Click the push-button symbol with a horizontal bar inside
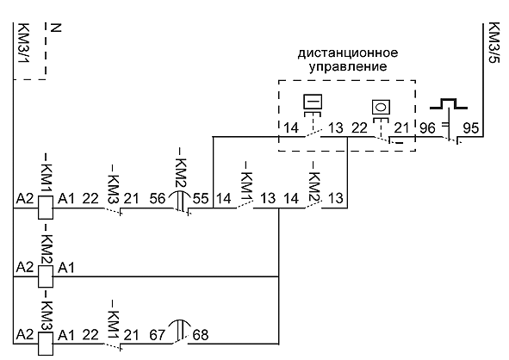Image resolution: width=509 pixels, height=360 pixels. (312, 102)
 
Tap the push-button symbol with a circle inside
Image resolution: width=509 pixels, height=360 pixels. (379, 108)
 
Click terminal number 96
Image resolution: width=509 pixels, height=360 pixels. (427, 128)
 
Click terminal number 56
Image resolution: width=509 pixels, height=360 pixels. (157, 198)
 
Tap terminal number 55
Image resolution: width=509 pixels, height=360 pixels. (201, 198)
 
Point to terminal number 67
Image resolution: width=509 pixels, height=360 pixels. (157, 334)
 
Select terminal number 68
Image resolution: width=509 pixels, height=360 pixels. (201, 334)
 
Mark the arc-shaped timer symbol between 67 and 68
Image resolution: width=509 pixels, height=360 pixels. (179, 329)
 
